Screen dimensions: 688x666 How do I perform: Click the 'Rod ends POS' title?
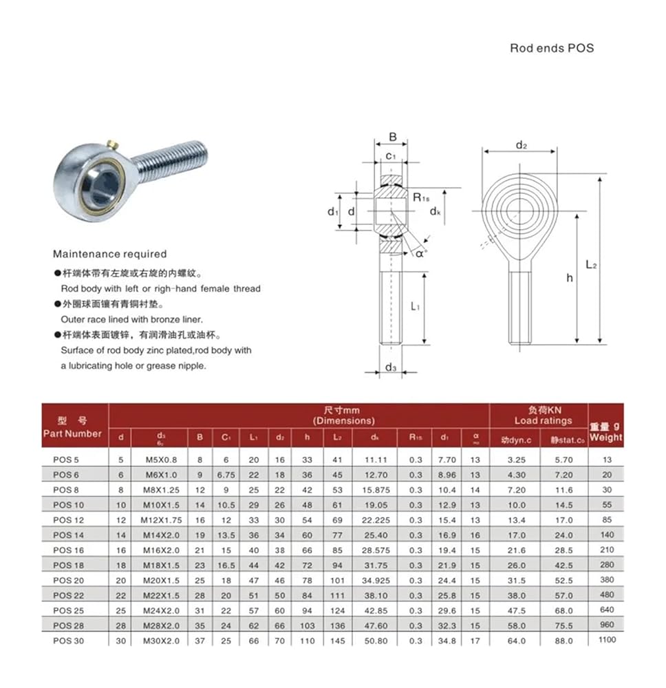click(551, 48)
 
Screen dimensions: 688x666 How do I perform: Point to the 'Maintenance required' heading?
click(109, 254)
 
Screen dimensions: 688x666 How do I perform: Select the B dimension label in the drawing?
click(392, 136)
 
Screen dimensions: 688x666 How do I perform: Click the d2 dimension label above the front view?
click(521, 145)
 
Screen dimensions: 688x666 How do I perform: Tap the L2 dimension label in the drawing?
click(591, 264)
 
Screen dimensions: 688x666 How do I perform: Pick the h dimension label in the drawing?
click(569, 277)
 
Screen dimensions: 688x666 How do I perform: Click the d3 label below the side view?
click(391, 367)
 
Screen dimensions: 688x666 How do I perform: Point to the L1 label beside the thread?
click(416, 306)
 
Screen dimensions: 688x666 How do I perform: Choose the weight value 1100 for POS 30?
click(607, 640)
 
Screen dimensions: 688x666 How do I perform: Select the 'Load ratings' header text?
click(543, 420)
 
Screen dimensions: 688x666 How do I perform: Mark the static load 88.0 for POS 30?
click(563, 641)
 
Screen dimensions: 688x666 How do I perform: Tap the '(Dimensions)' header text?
click(344, 420)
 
